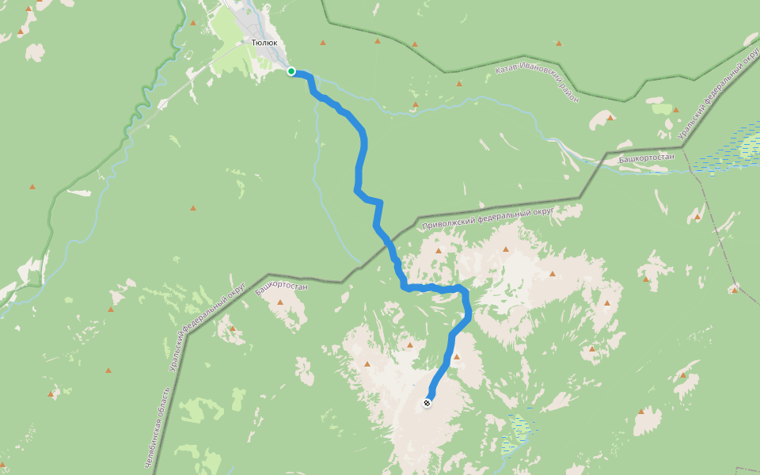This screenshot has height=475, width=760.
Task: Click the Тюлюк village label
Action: point(264,43)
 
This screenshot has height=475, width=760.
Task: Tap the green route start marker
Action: point(291,71)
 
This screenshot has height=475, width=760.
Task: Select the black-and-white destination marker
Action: point(427,403)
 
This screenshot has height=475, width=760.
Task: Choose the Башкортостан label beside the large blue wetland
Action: point(646,158)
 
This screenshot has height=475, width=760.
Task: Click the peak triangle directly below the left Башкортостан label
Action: point(280,302)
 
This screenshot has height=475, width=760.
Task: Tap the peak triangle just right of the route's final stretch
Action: point(457,357)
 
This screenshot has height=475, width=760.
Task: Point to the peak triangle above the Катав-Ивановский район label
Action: point(458,83)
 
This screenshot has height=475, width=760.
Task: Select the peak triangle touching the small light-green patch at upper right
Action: point(675,108)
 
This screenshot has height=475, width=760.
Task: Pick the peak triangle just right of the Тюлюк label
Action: point(322,42)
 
